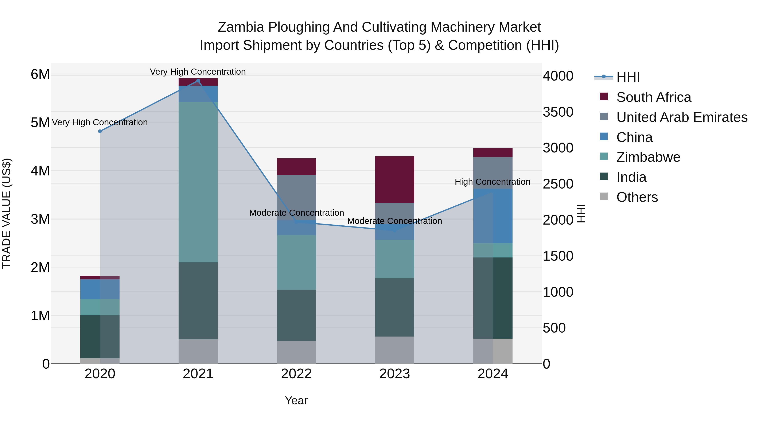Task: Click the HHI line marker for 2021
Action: click(198, 81)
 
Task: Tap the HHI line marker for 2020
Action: click(100, 131)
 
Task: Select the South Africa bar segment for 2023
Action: click(394, 179)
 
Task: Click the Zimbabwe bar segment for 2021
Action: click(198, 182)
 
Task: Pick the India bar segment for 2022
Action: click(296, 315)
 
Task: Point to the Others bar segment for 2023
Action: click(394, 350)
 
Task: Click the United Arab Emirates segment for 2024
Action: click(493, 173)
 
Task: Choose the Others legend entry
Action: click(637, 197)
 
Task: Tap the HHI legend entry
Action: click(628, 77)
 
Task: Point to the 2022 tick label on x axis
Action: click(296, 374)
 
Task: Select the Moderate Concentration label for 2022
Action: click(296, 213)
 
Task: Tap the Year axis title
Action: click(296, 400)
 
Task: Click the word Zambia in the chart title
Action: click(241, 27)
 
